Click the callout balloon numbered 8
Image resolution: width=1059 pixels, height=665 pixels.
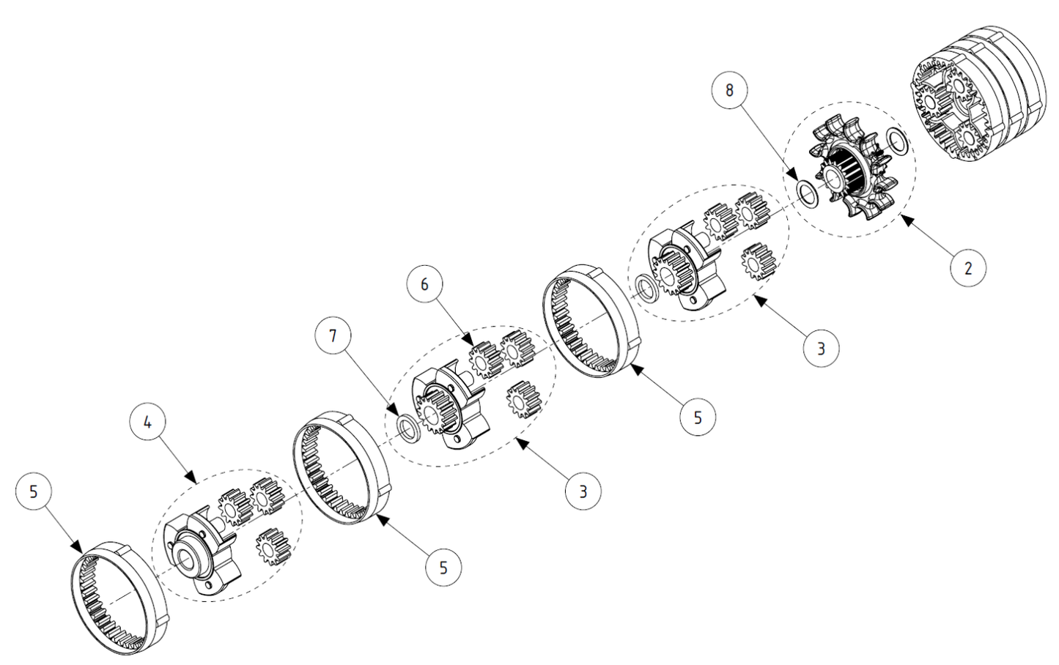coord(729,90)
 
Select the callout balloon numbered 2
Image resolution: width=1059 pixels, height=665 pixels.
coord(967,268)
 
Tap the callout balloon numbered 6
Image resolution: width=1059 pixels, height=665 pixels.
coord(425,284)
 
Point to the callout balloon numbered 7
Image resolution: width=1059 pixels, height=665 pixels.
coord(333,336)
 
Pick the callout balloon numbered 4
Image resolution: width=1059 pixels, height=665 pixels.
coord(148,423)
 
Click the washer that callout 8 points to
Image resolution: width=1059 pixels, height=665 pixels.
coord(807,193)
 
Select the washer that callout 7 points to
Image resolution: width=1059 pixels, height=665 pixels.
coord(408,427)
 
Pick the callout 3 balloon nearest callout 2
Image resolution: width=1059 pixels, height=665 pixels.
coord(821,349)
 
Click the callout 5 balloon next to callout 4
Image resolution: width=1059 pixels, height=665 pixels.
coord(34,492)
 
